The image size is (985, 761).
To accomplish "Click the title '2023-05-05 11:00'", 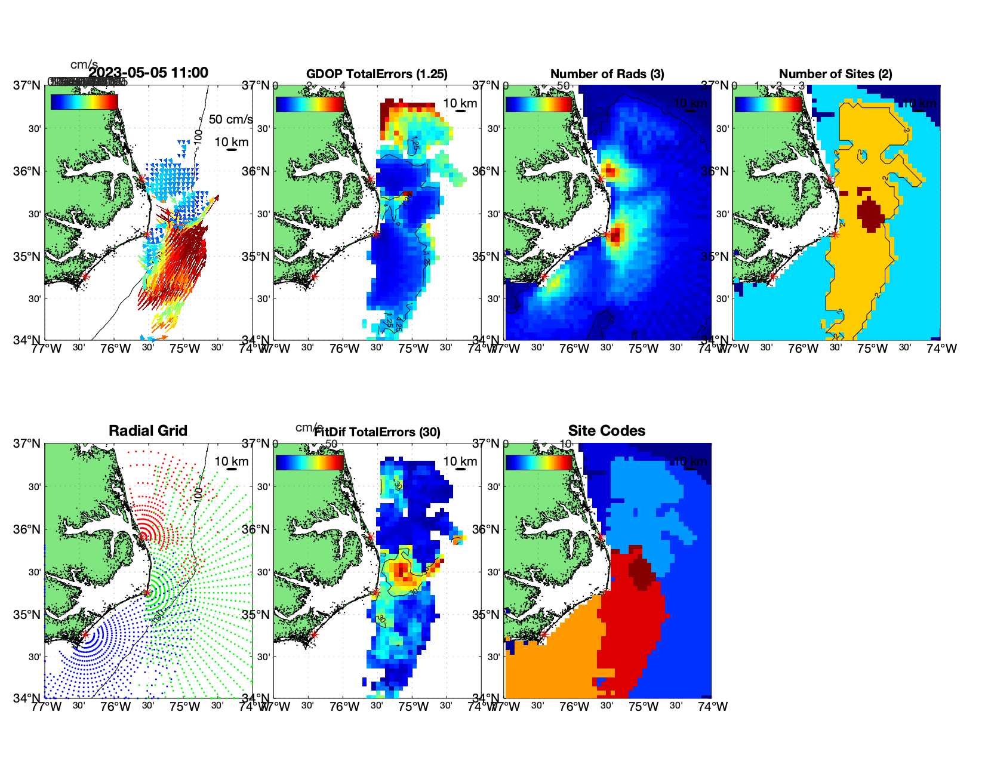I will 149,73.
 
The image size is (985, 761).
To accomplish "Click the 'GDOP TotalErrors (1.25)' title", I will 377,74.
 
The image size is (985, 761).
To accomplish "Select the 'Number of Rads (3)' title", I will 607,74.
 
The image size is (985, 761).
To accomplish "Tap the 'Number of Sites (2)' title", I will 835,74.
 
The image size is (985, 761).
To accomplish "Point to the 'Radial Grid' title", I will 148,431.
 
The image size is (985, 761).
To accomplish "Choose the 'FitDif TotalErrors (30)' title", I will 377,432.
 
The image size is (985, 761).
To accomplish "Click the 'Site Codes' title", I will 607,431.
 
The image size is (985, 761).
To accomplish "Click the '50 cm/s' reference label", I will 230,119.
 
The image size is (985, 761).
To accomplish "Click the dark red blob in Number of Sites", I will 871,214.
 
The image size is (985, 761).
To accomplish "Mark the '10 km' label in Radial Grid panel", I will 232,461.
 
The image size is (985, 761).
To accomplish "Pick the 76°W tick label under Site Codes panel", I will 574,707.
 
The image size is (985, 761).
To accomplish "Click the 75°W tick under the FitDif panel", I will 414,707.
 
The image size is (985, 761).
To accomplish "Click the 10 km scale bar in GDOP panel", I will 460,111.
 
